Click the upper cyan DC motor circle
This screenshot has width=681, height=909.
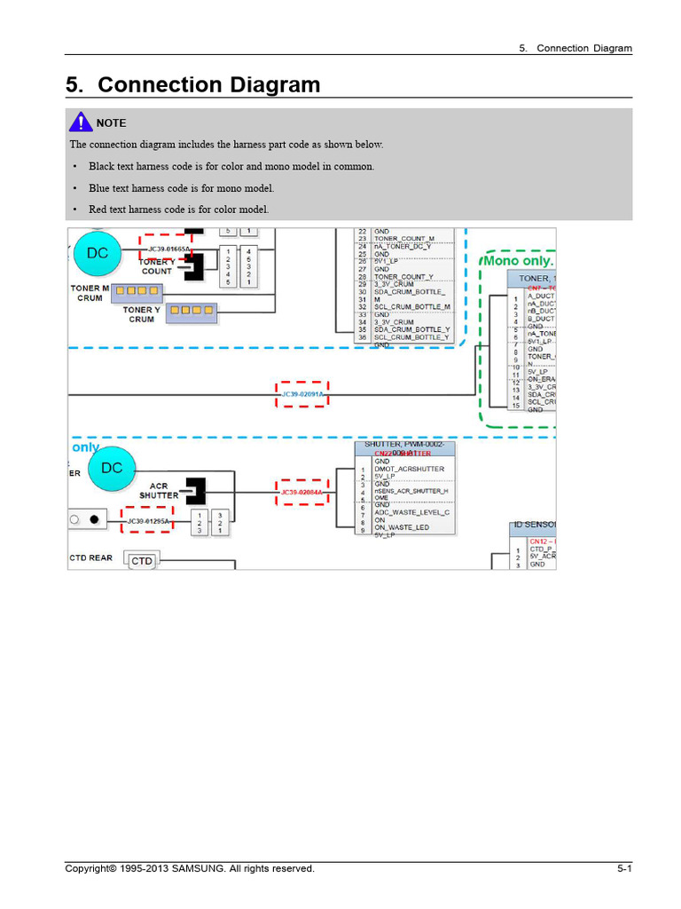tap(97, 253)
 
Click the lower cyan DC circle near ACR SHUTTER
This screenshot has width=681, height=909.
tap(111, 468)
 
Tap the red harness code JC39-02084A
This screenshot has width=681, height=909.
tap(302, 492)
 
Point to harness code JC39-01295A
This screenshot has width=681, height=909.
tap(147, 521)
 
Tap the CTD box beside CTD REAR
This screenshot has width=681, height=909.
tap(142, 561)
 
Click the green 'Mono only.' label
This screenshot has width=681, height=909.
tap(518, 261)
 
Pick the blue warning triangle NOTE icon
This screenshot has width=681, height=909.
tap(80, 123)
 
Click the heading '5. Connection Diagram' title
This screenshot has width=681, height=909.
tap(192, 85)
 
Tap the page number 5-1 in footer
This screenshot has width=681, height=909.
tap(624, 869)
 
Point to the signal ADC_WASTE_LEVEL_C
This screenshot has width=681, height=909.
tap(412, 512)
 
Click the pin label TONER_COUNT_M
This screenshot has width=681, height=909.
tap(404, 239)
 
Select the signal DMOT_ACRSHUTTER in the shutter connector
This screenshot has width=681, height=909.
tap(410, 469)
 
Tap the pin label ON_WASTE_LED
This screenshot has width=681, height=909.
tap(403, 528)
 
